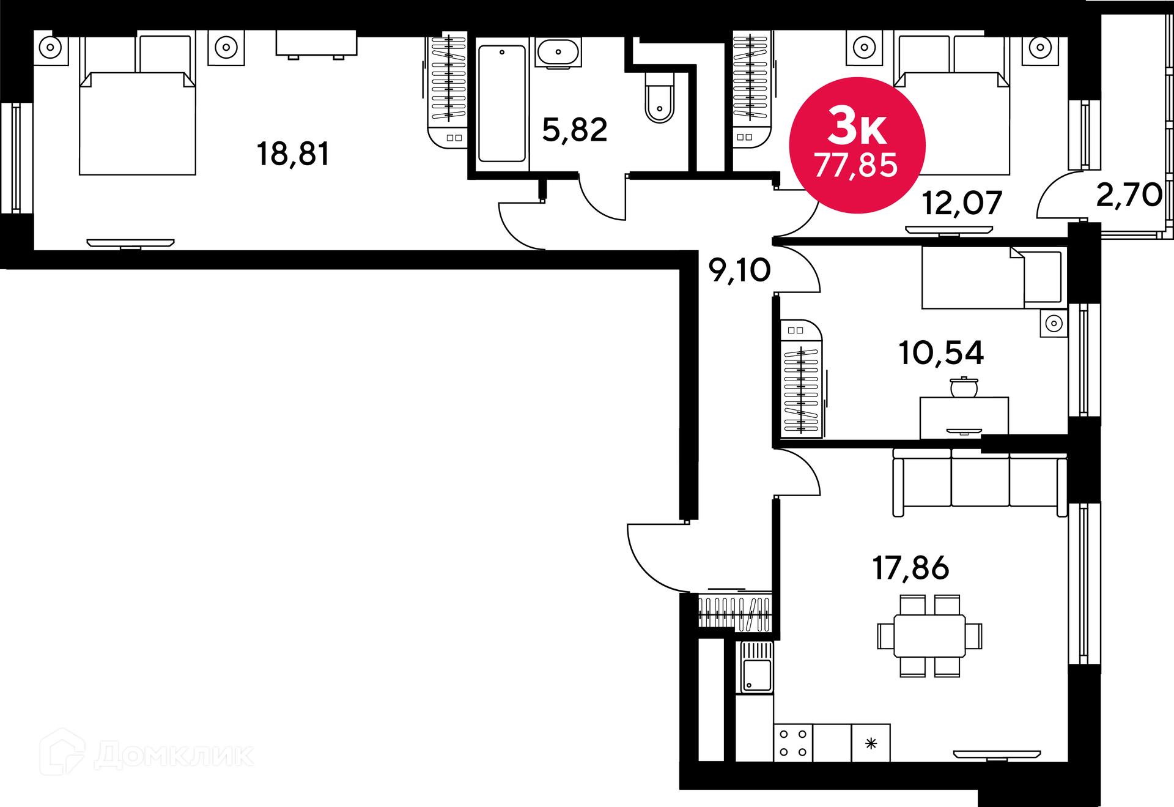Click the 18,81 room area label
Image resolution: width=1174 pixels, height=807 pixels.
293,154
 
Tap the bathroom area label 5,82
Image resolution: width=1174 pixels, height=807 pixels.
575,130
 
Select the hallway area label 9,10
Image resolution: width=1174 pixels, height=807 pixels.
739,270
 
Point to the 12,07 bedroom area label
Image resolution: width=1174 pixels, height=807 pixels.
962,203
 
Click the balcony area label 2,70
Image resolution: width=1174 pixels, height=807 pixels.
1129,195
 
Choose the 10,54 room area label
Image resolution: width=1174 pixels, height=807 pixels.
941,353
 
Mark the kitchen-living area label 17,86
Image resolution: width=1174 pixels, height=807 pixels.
910,568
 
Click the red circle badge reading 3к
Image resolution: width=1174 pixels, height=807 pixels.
857,146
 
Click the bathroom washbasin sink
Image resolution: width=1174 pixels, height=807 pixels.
558,53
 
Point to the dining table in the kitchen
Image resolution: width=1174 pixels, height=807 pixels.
929,636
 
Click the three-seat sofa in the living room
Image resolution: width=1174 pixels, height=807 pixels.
980,482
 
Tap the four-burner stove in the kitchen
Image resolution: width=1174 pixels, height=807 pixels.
793,743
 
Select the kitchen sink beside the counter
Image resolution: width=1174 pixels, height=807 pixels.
756,667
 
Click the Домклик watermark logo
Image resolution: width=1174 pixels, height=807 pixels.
147,752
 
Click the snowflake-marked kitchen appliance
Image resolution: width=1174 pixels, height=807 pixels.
871,743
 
